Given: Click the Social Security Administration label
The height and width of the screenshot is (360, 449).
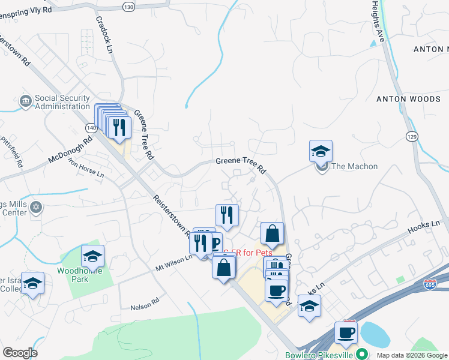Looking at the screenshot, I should [62, 102].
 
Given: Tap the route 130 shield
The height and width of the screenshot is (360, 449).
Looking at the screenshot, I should [128, 7].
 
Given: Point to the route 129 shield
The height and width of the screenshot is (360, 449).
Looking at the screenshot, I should [411, 137].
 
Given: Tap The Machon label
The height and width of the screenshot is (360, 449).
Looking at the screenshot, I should [355, 166].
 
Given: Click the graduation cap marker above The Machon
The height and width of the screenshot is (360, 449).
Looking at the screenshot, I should [321, 151].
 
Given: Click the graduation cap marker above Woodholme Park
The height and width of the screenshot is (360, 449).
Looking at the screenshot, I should [92, 256].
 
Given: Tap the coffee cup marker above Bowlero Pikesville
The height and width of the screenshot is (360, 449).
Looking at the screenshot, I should [346, 332].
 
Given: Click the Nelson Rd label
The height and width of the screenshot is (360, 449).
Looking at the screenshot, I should [145, 307].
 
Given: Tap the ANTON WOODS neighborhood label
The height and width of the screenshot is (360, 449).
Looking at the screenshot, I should [417, 99].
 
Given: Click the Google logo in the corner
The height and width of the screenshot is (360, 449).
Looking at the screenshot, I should [20, 353].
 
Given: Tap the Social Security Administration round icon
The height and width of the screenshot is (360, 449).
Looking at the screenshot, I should [26, 100].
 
